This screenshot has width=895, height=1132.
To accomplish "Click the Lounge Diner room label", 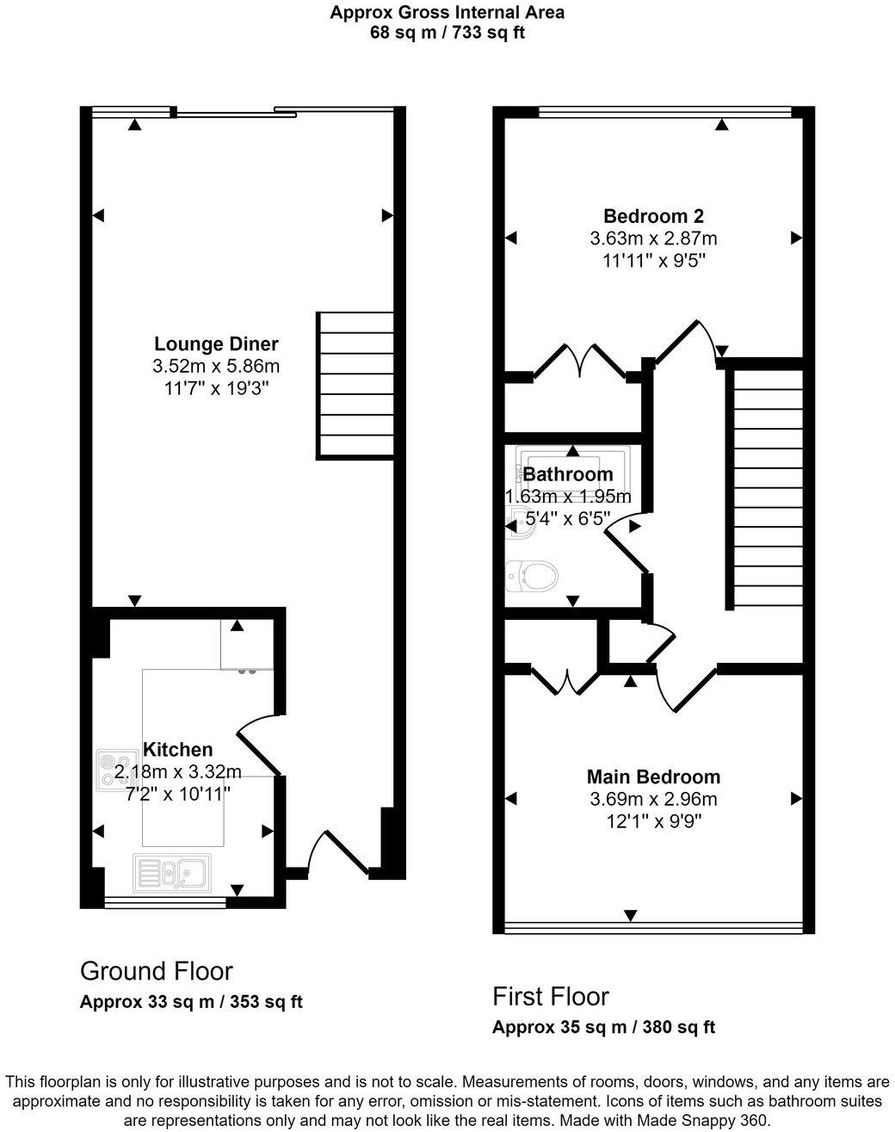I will pos(216,344).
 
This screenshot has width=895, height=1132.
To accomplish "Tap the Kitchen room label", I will pos(177,749).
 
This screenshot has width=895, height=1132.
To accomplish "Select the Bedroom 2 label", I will pos(653,216).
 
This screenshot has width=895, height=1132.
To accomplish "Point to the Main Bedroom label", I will pos(653,776).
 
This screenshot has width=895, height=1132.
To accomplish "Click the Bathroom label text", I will pos(568,474).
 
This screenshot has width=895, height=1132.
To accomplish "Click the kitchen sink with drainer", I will pos(172,874).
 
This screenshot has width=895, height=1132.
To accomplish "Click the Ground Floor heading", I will pos(156,971).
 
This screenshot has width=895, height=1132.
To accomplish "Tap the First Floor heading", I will pos(550,996).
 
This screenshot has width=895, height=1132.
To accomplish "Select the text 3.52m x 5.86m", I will pos(216,366).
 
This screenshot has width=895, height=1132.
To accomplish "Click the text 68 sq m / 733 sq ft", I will pos(447,33).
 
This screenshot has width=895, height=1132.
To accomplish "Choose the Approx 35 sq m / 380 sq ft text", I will pos(603,1027).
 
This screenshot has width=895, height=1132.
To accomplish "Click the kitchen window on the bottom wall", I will pos(164,902).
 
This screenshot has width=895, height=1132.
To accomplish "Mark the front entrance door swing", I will pos(328,852).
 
